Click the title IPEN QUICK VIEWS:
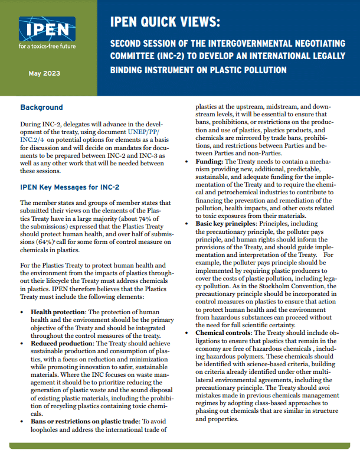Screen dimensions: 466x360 point(165,22)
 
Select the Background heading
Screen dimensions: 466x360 point(41,107)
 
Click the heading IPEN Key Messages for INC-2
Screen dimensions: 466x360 point(70,187)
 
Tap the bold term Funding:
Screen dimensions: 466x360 point(211,161)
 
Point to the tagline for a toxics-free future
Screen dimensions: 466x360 point(47,47)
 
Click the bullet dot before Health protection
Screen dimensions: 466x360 point(22,311)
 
